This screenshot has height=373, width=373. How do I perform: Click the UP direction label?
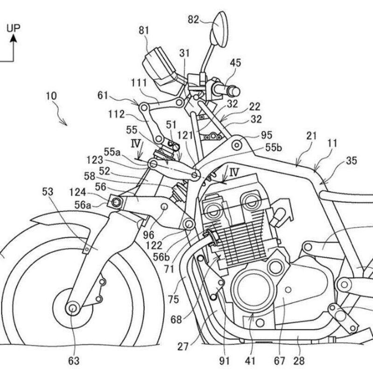coord(13,28)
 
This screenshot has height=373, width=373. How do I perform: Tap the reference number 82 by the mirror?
coord(193,19)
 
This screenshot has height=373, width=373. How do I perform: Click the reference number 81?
coord(145,30)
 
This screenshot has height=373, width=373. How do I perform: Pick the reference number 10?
coord(52,97)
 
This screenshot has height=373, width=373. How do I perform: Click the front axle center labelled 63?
coord(72,308)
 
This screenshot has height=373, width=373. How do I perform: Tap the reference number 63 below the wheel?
coord(74,360)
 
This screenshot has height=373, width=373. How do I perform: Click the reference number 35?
coord(352,161)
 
